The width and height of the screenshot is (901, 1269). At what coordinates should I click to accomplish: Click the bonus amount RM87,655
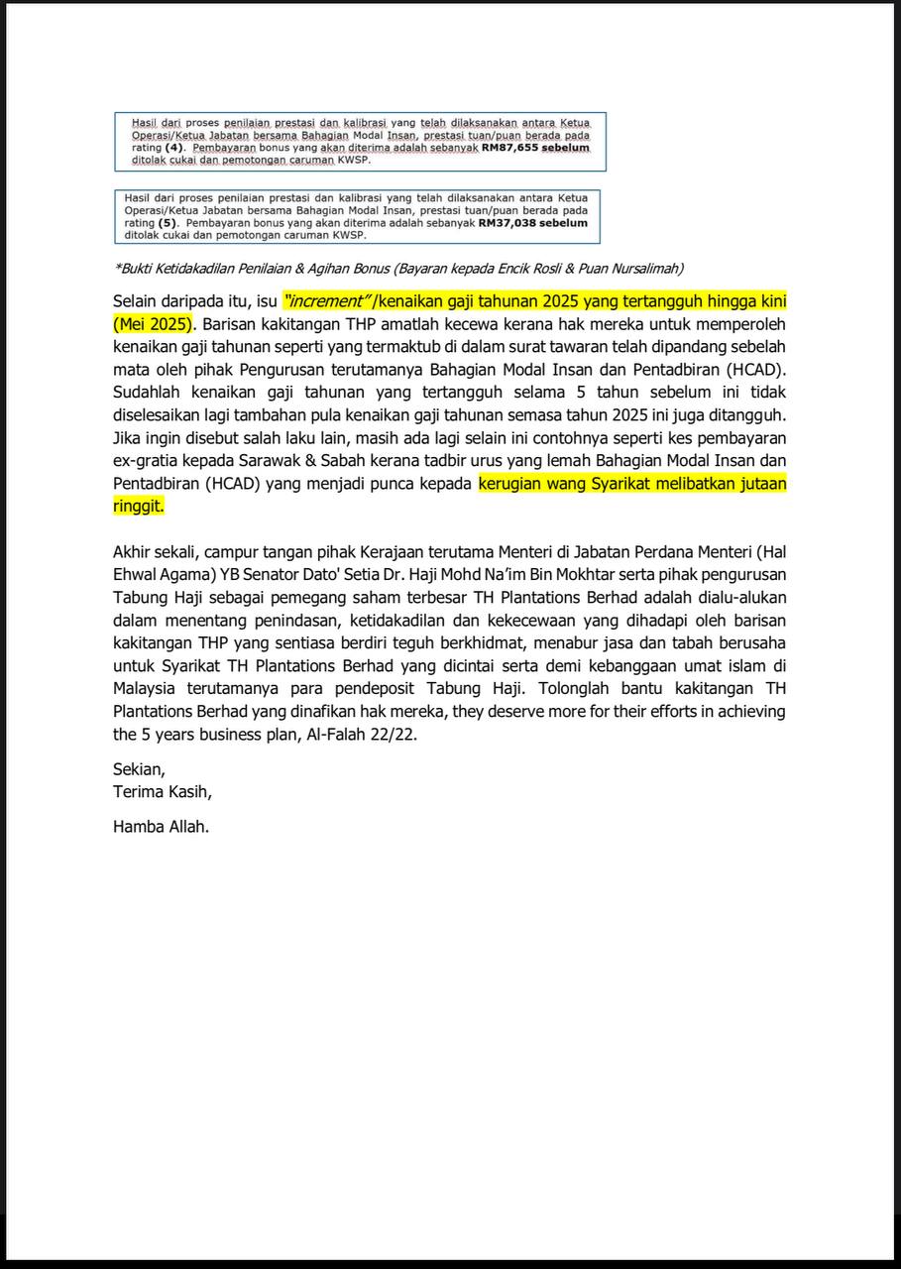(508, 147)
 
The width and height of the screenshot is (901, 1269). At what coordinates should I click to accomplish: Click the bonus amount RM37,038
(508, 224)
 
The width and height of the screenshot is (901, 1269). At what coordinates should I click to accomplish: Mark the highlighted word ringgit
(138, 506)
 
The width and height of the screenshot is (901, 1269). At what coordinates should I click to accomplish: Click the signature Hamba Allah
(161, 826)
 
